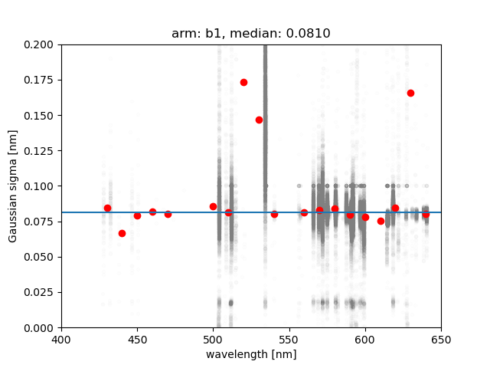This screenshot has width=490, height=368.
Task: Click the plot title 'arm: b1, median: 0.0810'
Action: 251,34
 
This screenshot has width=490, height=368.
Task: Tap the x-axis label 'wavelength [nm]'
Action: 251,354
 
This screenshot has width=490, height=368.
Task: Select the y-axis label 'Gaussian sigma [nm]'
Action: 13,186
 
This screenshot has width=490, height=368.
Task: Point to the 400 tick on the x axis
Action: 61,339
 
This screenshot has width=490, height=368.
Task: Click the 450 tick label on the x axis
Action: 137,339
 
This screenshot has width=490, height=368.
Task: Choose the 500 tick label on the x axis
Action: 214,339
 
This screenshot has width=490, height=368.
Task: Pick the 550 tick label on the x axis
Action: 289,339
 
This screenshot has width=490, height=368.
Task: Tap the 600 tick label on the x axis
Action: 365,339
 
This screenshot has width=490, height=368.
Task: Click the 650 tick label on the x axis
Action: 441,339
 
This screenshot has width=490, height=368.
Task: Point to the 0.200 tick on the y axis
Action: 41,44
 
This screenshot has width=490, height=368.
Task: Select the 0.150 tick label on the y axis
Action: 41,116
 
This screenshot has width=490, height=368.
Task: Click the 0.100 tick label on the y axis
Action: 41,186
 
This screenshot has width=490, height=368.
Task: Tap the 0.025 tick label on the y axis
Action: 41,292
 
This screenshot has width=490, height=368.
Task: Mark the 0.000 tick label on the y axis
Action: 41,327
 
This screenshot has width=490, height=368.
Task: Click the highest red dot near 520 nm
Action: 243,82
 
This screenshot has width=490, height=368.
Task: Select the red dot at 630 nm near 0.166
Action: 410,93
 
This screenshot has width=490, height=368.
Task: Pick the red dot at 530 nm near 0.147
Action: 259,120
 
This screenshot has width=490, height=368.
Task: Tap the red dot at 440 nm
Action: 122,233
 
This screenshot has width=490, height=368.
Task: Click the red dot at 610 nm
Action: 381,221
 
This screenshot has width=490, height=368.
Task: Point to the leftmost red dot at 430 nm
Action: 107,208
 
